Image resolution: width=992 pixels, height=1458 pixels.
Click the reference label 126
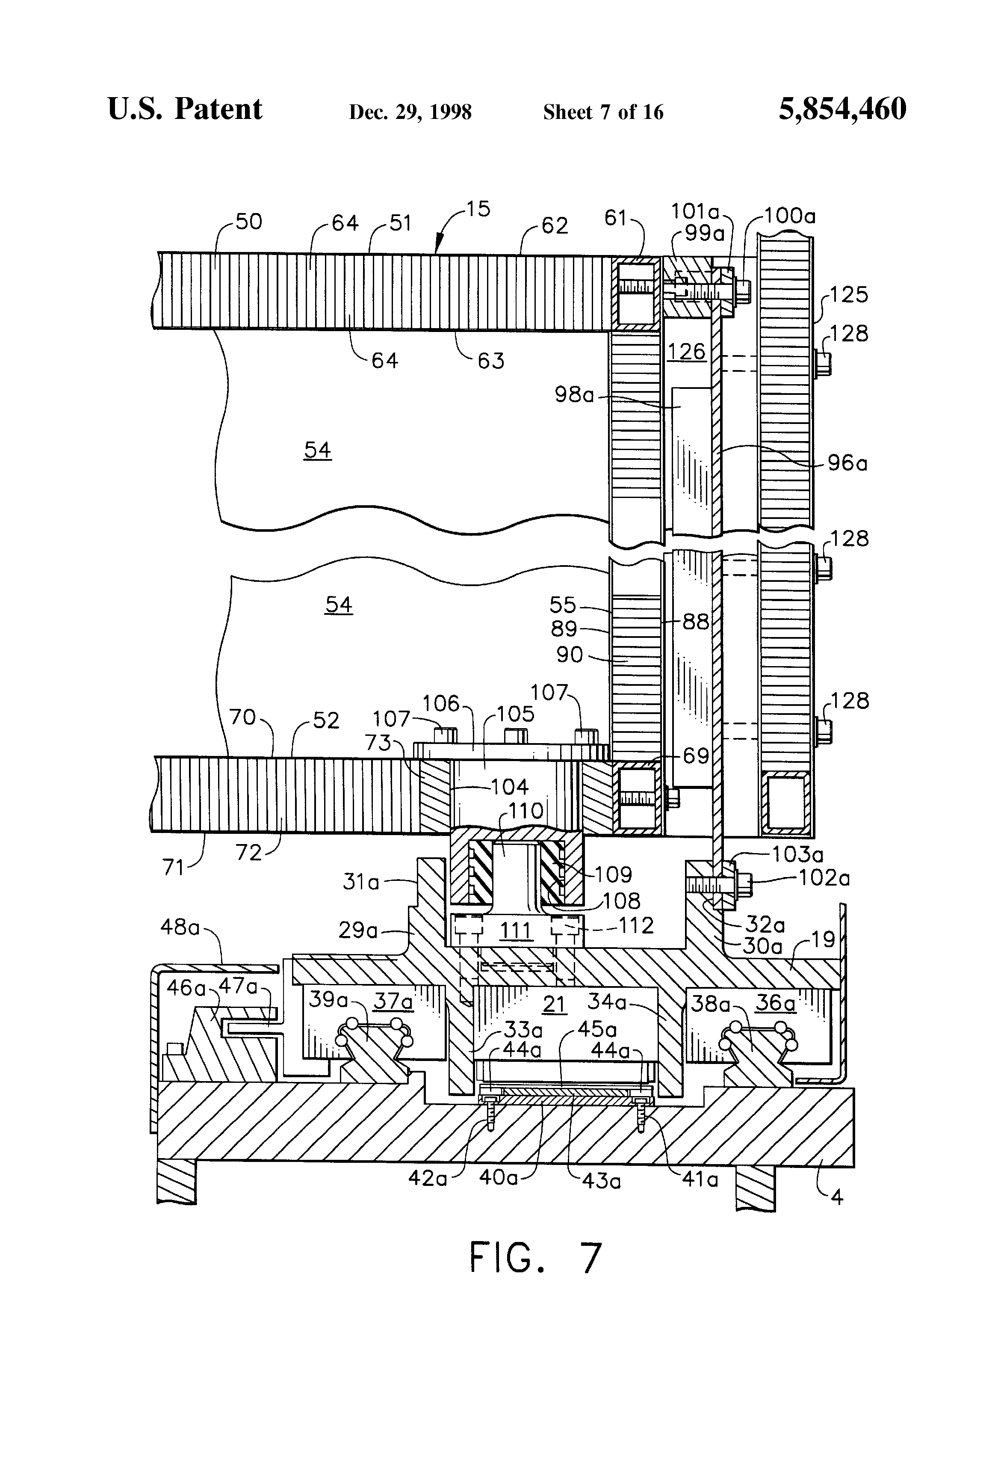686,352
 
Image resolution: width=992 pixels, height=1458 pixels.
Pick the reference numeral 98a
574,395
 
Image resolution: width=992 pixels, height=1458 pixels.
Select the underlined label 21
554,1005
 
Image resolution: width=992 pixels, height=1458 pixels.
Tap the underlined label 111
515,931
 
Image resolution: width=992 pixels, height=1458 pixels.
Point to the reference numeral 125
849,294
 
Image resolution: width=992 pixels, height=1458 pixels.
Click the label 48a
180,927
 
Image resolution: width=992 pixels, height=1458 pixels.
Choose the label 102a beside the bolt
824,878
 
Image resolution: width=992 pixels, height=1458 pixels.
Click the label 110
526,811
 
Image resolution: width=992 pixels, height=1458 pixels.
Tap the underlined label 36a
775,1002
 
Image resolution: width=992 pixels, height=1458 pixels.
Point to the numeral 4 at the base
836,1197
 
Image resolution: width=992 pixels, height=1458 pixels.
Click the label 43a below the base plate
601,1181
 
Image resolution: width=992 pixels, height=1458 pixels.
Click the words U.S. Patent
185,109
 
